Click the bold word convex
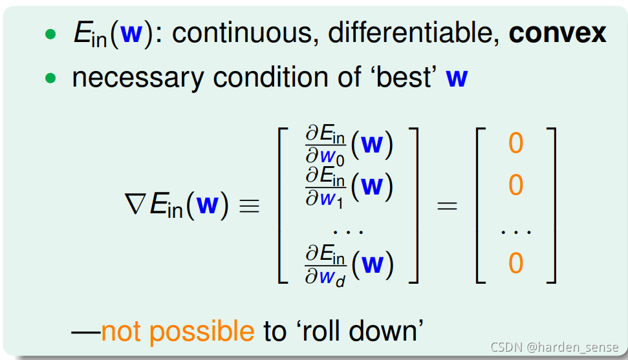(557, 34)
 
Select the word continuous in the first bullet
(241, 34)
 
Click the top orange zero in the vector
(515, 143)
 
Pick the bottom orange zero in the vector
(515, 264)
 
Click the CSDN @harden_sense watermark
(554, 347)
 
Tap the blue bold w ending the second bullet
(457, 78)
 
